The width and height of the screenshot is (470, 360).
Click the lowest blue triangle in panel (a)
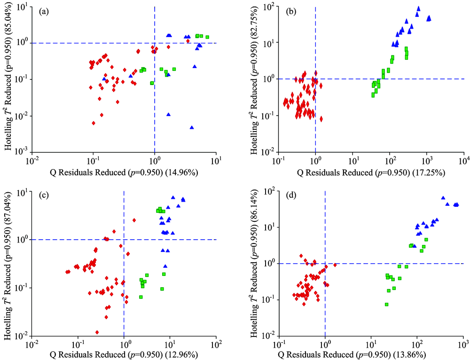(x=192, y=127)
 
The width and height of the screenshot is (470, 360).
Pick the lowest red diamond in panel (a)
(x=94, y=123)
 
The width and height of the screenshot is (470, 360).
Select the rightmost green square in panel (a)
(x=207, y=37)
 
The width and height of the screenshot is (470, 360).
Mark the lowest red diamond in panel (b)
(x=321, y=119)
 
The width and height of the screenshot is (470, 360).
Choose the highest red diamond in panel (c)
(x=134, y=220)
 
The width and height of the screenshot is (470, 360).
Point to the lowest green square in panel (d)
(x=386, y=305)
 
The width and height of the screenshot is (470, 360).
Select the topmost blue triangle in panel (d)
(x=443, y=198)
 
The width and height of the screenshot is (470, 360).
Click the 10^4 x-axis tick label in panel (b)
(x=464, y=161)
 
